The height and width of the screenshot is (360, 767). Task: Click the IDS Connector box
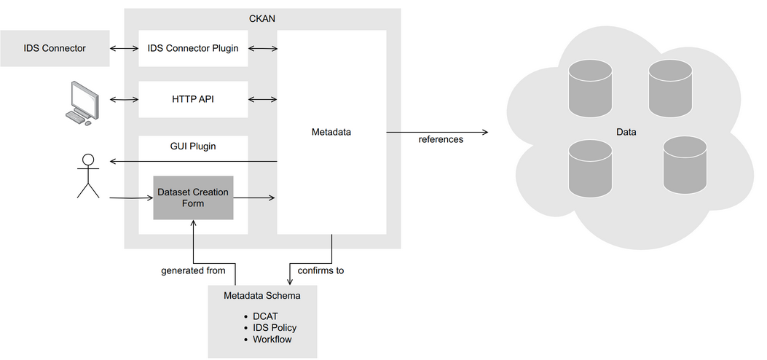[x=55, y=49]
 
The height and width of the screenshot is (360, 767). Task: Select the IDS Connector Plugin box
[x=193, y=49]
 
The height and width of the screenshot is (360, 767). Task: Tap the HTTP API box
[x=193, y=99]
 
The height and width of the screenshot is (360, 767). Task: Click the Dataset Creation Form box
[x=193, y=197]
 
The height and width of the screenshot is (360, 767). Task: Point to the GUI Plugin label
[x=193, y=146]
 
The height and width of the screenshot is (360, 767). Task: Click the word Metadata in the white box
[x=331, y=132]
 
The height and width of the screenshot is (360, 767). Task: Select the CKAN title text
[x=262, y=18]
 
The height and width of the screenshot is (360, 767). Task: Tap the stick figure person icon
[x=88, y=176]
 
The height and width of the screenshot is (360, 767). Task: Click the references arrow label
[x=441, y=139]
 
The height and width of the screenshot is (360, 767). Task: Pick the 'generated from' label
[x=193, y=270]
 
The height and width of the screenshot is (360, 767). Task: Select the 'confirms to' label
[x=320, y=270]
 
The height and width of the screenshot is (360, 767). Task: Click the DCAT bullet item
[x=265, y=316]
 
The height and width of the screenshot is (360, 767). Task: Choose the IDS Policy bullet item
[x=275, y=328]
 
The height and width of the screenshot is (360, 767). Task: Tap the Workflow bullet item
[x=272, y=340]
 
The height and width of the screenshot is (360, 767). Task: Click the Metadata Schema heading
[x=262, y=296]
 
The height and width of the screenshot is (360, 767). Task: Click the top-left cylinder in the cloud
[x=591, y=89]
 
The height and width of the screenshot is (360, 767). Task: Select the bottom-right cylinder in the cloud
[x=685, y=167]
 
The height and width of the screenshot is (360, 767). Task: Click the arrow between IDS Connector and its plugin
[x=124, y=49]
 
